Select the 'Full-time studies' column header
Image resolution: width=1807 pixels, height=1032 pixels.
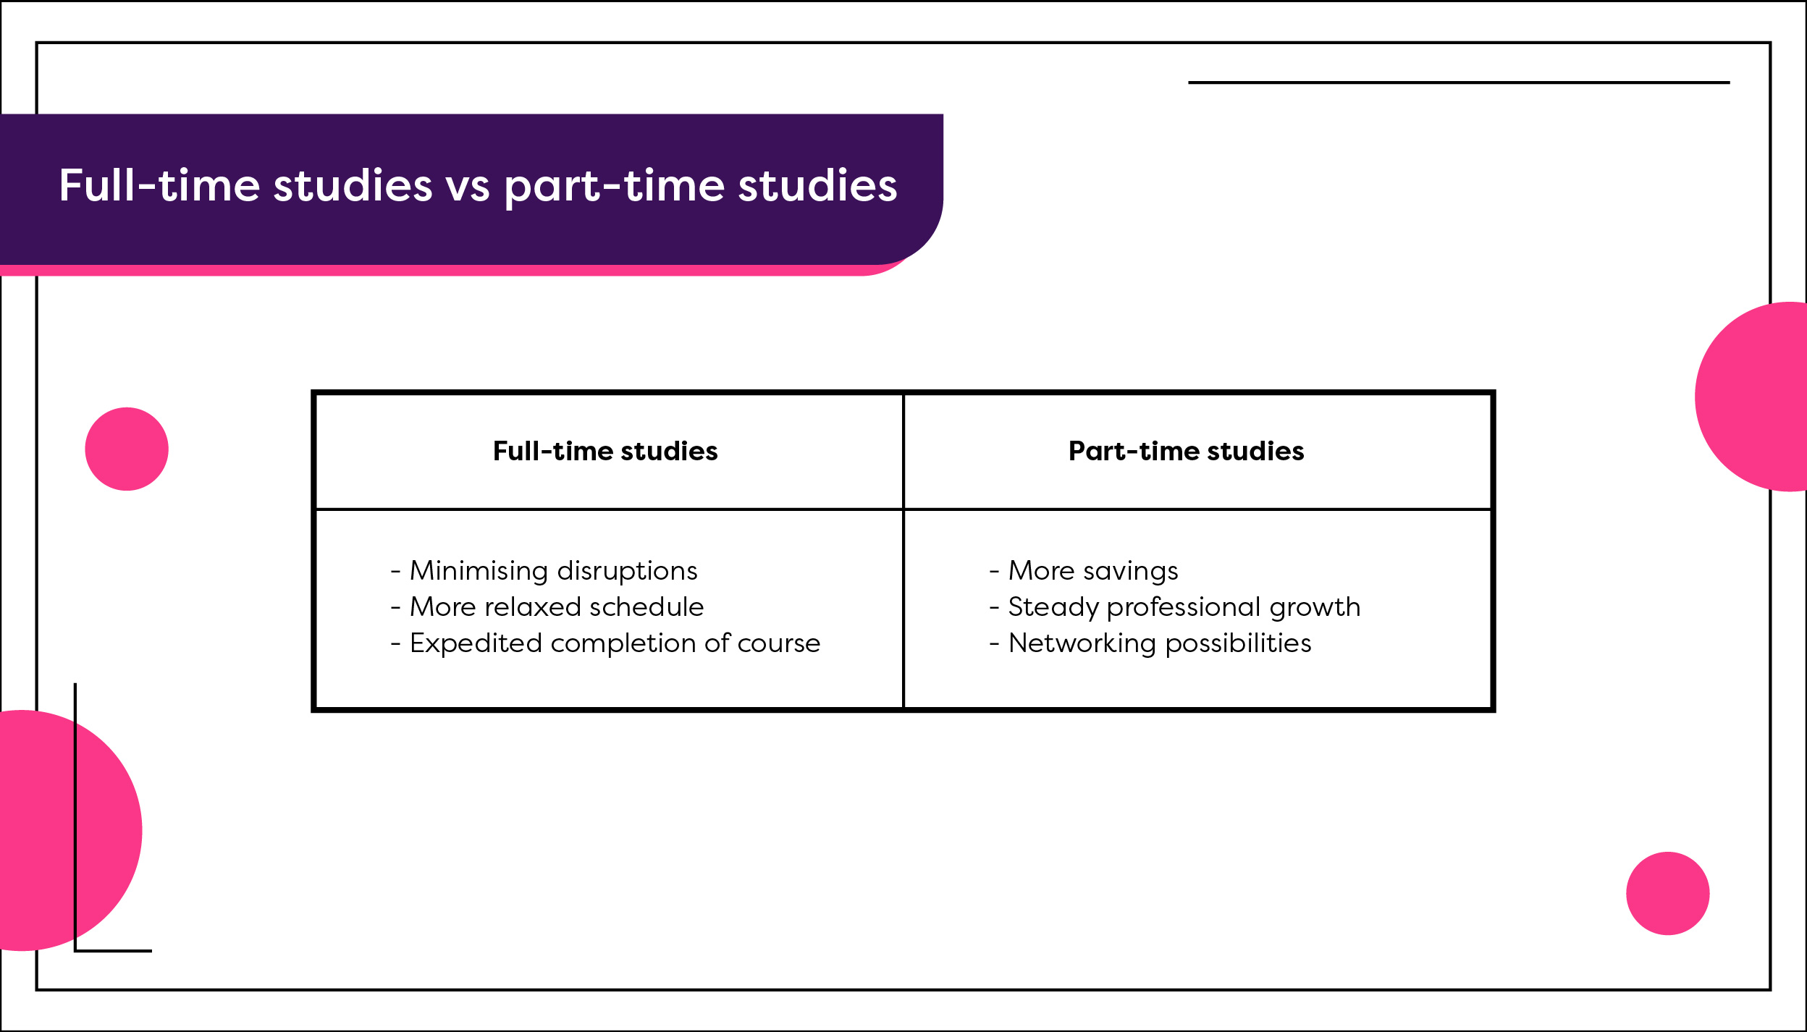[x=605, y=451]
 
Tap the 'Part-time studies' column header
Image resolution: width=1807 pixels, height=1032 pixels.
[x=1187, y=451]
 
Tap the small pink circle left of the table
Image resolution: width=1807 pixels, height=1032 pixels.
[x=127, y=449]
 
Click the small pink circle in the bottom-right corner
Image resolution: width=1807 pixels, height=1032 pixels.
[x=1668, y=893]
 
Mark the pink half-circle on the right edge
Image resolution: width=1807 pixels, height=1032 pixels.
[x=1751, y=397]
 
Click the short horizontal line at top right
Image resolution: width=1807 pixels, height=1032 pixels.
[x=1459, y=83]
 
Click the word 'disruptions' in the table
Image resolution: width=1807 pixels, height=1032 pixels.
[x=627, y=572]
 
